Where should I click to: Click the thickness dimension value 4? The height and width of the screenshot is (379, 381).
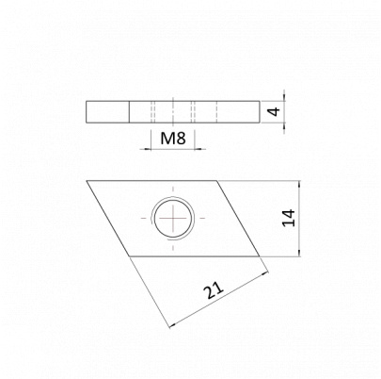275,111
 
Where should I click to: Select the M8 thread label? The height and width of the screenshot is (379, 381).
173,138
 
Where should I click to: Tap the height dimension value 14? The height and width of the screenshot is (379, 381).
289,218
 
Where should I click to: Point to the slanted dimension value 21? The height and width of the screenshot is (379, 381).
214,290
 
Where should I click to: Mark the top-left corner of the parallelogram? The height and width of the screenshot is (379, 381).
87,181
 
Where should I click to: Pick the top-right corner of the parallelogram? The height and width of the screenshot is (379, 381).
217,181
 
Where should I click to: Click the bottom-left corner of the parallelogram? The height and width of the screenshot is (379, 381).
130,256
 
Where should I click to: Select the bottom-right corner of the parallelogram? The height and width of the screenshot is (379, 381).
260,256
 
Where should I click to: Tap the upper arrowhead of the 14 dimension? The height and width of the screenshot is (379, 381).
299,184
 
